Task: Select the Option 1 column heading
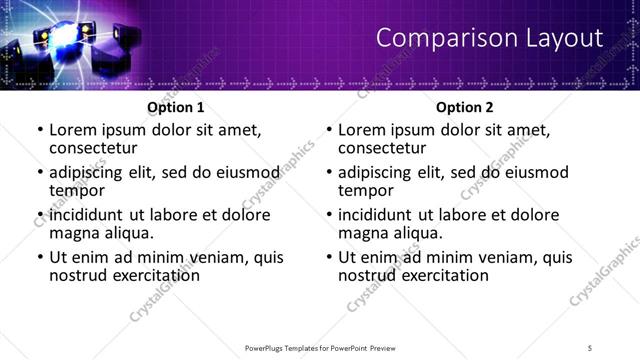pos(175,107)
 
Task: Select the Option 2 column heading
pos(464,107)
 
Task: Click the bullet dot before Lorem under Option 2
pos(328,130)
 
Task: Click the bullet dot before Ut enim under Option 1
pos(39,257)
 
